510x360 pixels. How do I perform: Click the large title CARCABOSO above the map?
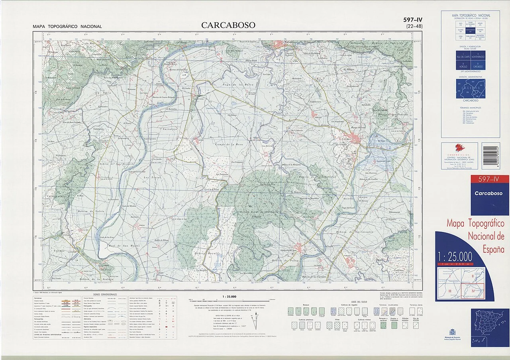[x=228, y=25]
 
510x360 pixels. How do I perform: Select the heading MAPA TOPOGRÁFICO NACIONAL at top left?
[x=67, y=27]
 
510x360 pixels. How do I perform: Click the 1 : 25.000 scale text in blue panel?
[x=455, y=256]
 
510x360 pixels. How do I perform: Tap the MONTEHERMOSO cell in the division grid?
[x=478, y=58]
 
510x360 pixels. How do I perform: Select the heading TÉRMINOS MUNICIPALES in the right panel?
[x=470, y=108]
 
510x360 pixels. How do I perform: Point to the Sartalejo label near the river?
[x=168, y=129]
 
